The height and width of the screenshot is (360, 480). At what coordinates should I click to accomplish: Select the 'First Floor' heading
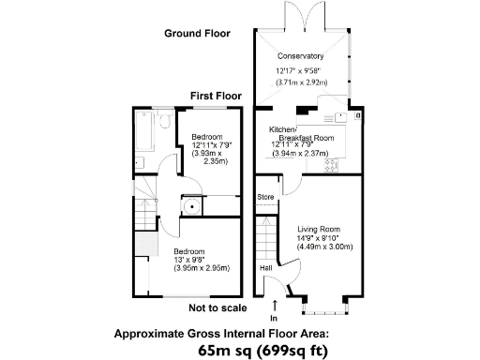(216, 96)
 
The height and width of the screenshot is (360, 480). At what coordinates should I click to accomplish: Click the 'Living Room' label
(319, 230)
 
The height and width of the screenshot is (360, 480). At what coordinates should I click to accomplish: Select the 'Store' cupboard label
(266, 197)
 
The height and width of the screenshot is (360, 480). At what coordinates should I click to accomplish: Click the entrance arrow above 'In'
(274, 305)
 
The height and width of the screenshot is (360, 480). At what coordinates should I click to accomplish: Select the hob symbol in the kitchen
(331, 165)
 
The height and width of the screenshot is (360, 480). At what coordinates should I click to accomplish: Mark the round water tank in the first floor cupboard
(191, 209)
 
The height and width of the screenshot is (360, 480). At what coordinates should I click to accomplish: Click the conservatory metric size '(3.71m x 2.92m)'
(301, 82)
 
